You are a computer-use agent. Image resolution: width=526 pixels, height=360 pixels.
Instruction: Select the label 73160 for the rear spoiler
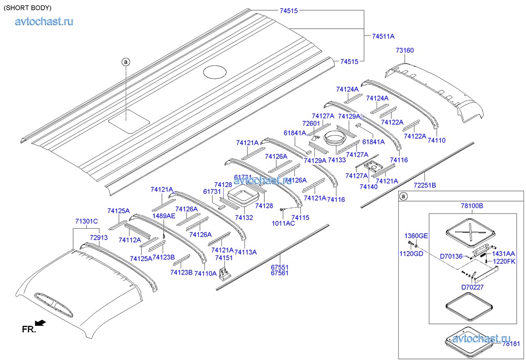pos(404,51)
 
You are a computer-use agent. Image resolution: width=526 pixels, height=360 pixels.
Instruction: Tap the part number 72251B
pos(425,185)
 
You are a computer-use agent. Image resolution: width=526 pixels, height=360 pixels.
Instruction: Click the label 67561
pos(280,272)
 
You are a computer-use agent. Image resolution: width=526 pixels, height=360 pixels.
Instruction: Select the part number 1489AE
pos(164,216)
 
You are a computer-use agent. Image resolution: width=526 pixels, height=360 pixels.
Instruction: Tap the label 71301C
pos(87,221)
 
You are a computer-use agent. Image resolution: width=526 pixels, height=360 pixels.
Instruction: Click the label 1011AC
pos(284,223)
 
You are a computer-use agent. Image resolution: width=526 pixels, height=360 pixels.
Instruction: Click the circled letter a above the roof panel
pos(126,62)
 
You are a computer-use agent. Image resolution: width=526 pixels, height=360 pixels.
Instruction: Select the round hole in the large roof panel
pos(214,72)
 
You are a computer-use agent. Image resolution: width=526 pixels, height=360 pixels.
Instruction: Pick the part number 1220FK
pos(504,261)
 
